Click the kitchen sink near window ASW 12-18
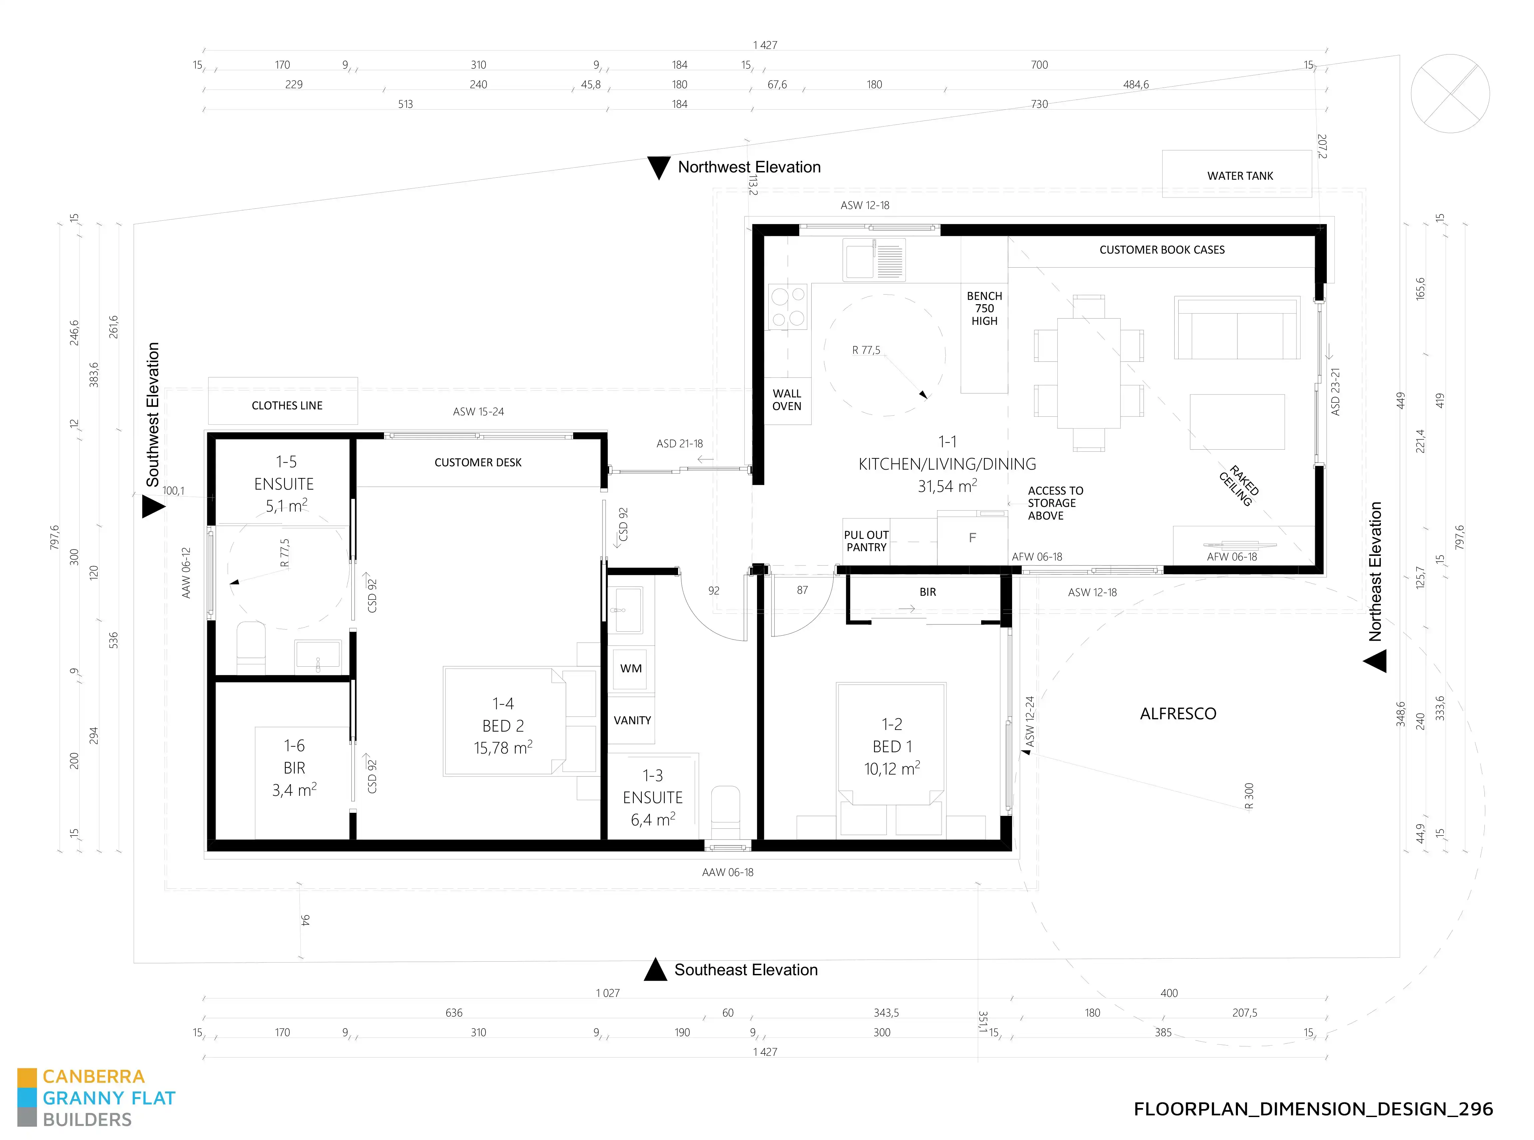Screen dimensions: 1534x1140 pos(873,260)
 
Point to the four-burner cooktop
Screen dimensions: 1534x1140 pos(788,307)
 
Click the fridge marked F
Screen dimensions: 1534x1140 pos(972,538)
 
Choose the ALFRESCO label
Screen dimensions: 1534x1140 pos(1178,714)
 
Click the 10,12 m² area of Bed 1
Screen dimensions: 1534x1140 pos(892,768)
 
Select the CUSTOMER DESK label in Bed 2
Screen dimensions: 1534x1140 pos(478,462)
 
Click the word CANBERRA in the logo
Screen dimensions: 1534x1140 pos(94,1076)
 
